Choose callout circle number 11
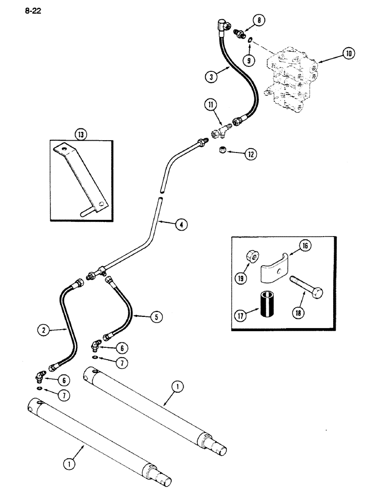[x=212, y=105]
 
